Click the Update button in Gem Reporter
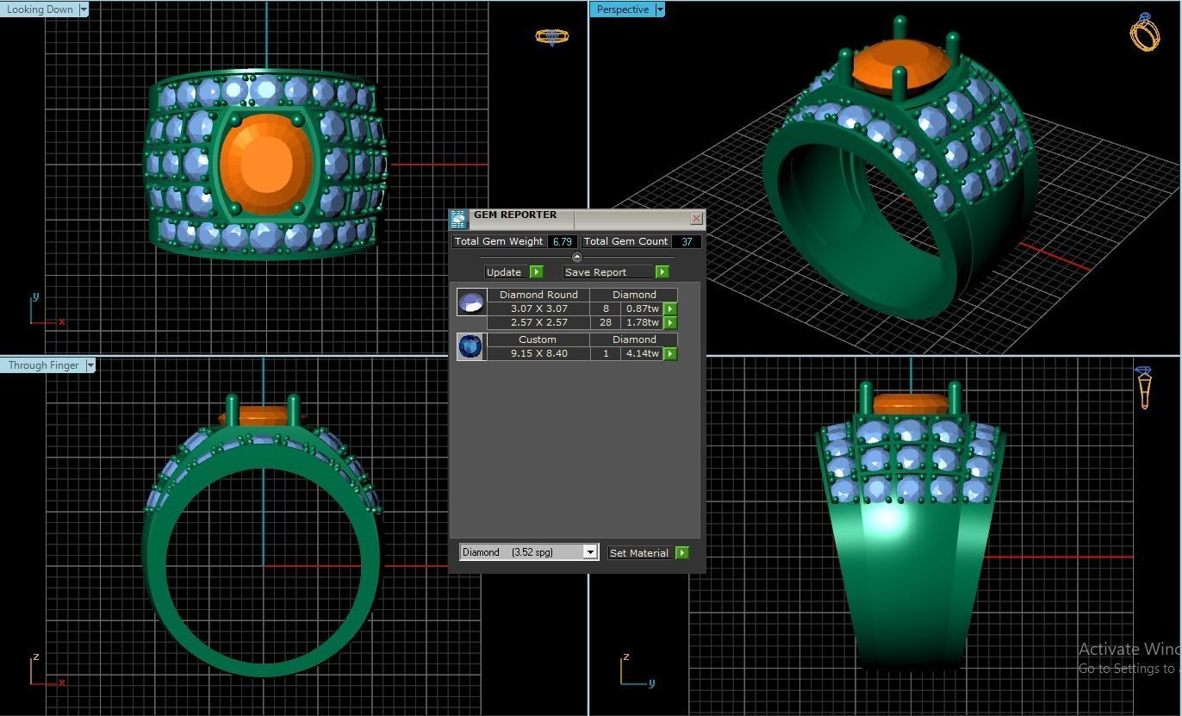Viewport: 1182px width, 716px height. [504, 272]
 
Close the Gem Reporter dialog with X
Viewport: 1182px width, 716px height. [696, 218]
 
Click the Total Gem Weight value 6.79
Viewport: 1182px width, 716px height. [562, 242]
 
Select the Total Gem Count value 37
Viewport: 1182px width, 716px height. [687, 242]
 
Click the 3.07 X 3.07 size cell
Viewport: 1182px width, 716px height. [538, 308]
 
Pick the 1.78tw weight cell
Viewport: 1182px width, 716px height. [642, 322]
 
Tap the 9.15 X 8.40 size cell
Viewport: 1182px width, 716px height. [538, 353]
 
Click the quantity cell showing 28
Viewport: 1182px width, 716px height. [606, 322]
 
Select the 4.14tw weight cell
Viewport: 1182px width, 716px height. [642, 353]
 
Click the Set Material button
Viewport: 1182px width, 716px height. [639, 553]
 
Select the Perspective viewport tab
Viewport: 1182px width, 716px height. [622, 9]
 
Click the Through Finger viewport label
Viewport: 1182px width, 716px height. [43, 365]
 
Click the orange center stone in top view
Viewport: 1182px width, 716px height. [266, 163]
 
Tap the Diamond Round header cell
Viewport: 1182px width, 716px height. [538, 295]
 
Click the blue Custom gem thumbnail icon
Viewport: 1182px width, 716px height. [471, 346]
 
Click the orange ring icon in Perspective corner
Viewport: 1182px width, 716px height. [1144, 33]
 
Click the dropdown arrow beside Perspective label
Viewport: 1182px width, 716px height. [660, 9]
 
